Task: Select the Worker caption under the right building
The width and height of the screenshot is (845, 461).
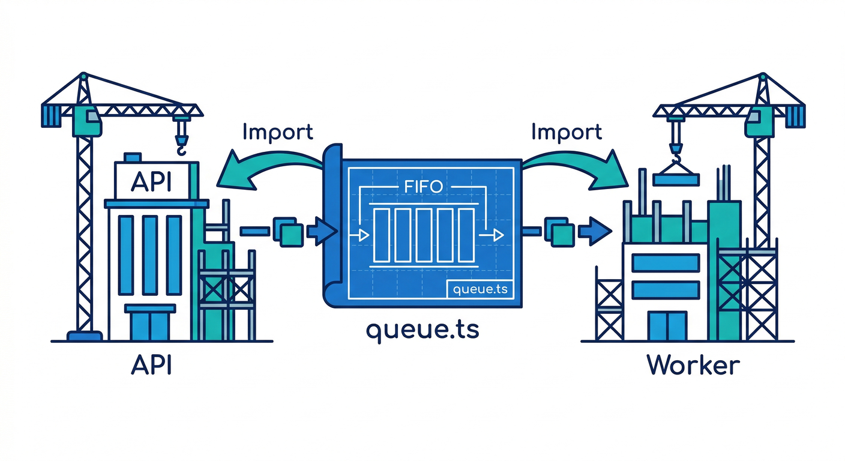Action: [693, 366]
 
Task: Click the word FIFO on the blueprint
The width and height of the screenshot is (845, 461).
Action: [421, 186]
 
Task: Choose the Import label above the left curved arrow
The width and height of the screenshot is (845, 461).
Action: [278, 132]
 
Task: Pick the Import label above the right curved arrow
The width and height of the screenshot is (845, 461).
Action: [567, 132]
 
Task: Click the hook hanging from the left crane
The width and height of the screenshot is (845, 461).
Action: [180, 142]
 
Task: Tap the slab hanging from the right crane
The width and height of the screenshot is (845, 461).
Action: [676, 178]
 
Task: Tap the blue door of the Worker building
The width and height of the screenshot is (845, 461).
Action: [666, 326]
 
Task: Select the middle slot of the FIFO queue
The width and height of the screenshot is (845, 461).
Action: [424, 235]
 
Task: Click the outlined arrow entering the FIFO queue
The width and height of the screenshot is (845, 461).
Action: [362, 235]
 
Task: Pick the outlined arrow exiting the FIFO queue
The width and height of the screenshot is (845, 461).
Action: [495, 235]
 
